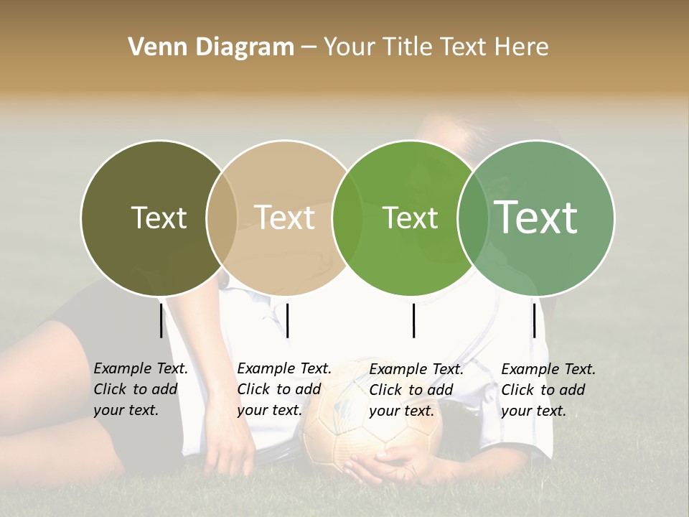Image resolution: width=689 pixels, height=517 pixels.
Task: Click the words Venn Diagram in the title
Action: click(x=211, y=47)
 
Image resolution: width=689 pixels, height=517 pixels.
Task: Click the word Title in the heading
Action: click(x=411, y=47)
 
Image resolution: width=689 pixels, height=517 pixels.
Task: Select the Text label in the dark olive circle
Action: click(x=159, y=218)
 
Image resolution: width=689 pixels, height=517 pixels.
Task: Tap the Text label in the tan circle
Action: click(x=284, y=218)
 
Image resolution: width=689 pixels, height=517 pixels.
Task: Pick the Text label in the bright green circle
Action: click(x=410, y=218)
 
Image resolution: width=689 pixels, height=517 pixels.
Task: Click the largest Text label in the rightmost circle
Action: click(x=535, y=217)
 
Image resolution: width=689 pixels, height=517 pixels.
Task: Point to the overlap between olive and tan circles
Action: click(x=222, y=218)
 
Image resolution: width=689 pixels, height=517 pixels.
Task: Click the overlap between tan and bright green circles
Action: click(x=347, y=218)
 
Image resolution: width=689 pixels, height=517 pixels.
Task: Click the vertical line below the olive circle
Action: click(x=161, y=320)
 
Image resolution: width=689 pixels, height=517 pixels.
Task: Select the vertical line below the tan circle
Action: click(x=287, y=320)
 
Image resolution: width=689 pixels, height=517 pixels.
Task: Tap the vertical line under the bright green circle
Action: click(x=413, y=320)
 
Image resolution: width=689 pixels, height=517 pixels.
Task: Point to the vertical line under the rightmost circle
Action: click(x=534, y=320)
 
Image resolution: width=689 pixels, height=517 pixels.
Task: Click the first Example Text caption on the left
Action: click(x=141, y=368)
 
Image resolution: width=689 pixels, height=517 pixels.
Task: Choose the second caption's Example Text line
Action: click(x=284, y=368)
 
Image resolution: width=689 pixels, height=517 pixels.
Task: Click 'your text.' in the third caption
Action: click(x=401, y=411)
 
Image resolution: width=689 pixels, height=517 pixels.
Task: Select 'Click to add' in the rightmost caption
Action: click(x=543, y=390)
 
